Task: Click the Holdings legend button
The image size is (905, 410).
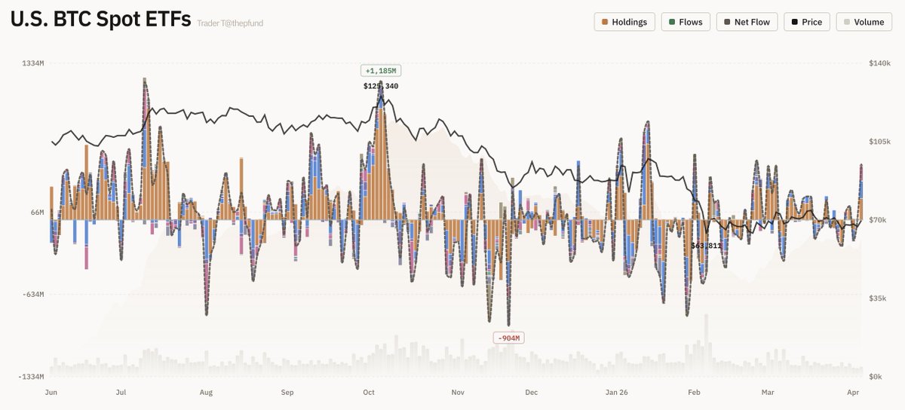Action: [624, 22]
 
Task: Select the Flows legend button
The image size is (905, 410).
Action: [685, 22]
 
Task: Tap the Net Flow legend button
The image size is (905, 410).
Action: [747, 22]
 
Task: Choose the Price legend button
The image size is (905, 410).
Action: [807, 22]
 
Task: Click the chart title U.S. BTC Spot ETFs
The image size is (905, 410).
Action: [100, 20]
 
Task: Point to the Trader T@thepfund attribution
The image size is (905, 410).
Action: [230, 23]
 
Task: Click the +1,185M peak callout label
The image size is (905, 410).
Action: [380, 71]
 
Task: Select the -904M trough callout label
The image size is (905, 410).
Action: [508, 338]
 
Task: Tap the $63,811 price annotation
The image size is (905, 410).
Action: [706, 246]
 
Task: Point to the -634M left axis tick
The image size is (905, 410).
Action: [33, 295]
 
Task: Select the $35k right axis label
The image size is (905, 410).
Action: [879, 298]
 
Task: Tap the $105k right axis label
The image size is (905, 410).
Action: [880, 142]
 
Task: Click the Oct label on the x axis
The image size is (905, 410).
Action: [369, 393]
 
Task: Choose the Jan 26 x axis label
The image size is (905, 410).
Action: [616, 393]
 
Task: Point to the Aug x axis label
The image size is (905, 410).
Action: [206, 393]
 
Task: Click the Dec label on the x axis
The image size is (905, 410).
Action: [532, 393]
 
